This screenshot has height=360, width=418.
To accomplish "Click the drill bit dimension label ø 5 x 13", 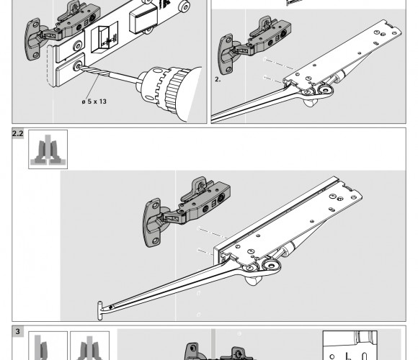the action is pos(94,102).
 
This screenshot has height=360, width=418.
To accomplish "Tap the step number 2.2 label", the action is pos(17,133).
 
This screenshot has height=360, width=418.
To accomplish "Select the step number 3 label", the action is pos(17,331).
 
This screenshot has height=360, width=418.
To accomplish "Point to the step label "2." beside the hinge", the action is pos(218,79).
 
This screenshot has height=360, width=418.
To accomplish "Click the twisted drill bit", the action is pos(94,71).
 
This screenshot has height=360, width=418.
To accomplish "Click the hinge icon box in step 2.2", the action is pos(48,149).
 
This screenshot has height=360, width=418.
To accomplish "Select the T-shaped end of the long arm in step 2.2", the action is pos(100,310).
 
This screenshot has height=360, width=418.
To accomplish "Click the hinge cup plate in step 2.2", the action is pos(153,222).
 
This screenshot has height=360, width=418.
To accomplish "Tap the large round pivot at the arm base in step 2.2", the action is pos(271,265).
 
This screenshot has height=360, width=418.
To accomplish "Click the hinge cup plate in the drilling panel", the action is pos(33,39).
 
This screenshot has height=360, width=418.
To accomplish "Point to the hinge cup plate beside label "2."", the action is pos(227,54).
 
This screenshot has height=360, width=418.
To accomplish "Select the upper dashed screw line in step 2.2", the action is pos(212,233).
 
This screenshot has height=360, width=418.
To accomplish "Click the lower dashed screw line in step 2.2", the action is pos(205,252).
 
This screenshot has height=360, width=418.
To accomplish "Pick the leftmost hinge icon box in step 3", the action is pos(48,346).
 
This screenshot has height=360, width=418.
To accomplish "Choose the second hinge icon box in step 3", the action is pos(90,346).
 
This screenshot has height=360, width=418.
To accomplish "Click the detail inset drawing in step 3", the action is pos(350,346).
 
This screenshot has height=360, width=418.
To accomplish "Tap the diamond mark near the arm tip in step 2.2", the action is pos(111,307).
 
